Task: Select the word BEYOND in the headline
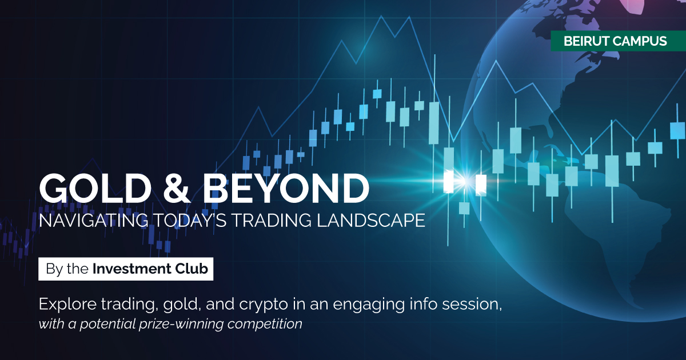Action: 286,188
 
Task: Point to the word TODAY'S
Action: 190,220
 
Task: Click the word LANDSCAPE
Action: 371,220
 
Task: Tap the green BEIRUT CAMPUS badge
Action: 619,41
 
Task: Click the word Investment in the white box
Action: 131,269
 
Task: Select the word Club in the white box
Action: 192,269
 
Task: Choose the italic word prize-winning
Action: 181,324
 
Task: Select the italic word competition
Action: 265,324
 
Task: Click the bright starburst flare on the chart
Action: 465,182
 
